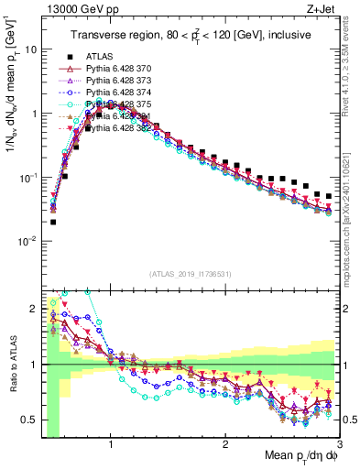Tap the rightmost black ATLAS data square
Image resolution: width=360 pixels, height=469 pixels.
(329, 196)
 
